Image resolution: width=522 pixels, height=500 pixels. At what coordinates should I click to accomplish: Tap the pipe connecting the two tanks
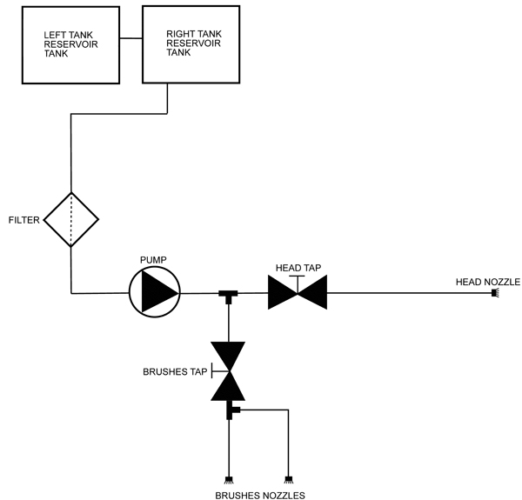(131, 38)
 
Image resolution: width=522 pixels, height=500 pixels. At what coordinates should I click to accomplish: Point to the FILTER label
(24, 220)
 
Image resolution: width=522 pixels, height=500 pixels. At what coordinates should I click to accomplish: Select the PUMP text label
(153, 260)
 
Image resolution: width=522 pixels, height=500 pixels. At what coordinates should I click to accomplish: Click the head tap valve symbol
(298, 292)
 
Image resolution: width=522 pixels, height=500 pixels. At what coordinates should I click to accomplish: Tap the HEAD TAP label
(298, 268)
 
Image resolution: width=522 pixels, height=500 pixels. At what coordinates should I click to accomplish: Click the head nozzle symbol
(495, 293)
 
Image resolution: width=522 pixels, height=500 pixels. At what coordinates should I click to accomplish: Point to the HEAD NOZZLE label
(488, 282)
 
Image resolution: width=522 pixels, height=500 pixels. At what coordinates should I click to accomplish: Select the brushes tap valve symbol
(228, 371)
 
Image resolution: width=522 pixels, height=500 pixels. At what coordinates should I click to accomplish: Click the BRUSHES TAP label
(175, 371)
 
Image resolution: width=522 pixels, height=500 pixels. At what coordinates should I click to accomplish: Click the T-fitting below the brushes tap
(232, 410)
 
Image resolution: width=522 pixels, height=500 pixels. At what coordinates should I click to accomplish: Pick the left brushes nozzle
(229, 480)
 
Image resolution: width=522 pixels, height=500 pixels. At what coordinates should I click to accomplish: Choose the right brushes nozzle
(288, 480)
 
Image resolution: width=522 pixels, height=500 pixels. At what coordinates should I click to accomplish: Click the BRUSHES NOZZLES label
(260, 496)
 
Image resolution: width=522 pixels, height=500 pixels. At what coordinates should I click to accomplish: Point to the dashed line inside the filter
(71, 219)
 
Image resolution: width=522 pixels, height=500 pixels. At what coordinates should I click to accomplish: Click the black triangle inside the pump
(156, 292)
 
